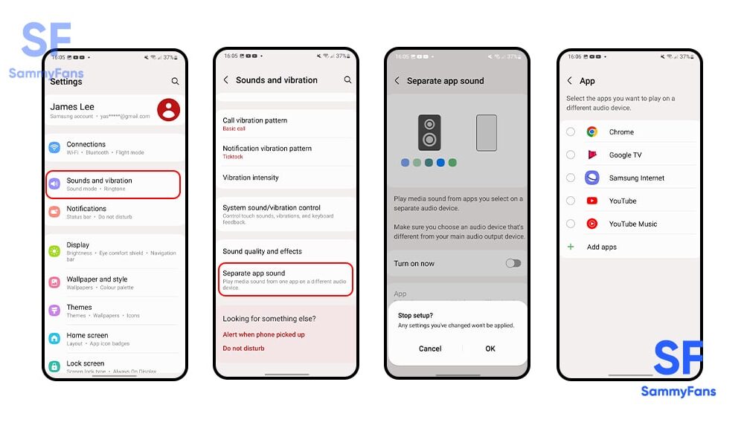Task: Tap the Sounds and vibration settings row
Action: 113,184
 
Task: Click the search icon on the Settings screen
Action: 176,82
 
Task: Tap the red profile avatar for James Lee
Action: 169,110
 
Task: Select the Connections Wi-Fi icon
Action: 54,148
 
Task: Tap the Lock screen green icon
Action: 54,366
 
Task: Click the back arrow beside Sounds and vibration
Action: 226,80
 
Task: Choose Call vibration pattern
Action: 255,120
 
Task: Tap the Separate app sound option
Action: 285,278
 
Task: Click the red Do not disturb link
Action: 244,348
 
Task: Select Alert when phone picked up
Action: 263,334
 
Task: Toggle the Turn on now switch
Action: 513,263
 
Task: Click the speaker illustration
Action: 429,133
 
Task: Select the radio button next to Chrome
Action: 571,132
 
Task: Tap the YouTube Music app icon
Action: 592,224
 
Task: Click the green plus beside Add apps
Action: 571,247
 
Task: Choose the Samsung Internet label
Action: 637,178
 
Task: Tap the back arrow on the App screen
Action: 570,81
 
